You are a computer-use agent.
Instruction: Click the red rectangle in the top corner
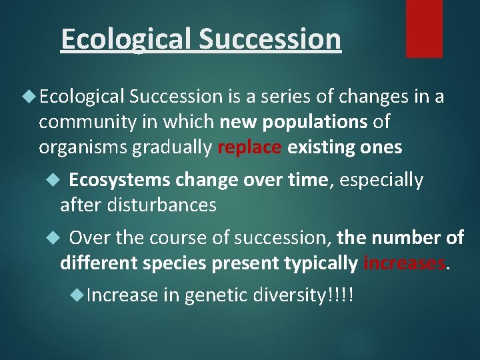coord(424,28)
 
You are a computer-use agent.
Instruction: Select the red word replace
coord(249,147)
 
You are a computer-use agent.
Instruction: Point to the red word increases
coord(404,263)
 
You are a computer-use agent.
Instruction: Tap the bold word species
coord(175,263)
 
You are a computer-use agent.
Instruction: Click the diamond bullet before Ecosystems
coord(56,180)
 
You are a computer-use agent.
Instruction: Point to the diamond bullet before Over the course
coord(56,238)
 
